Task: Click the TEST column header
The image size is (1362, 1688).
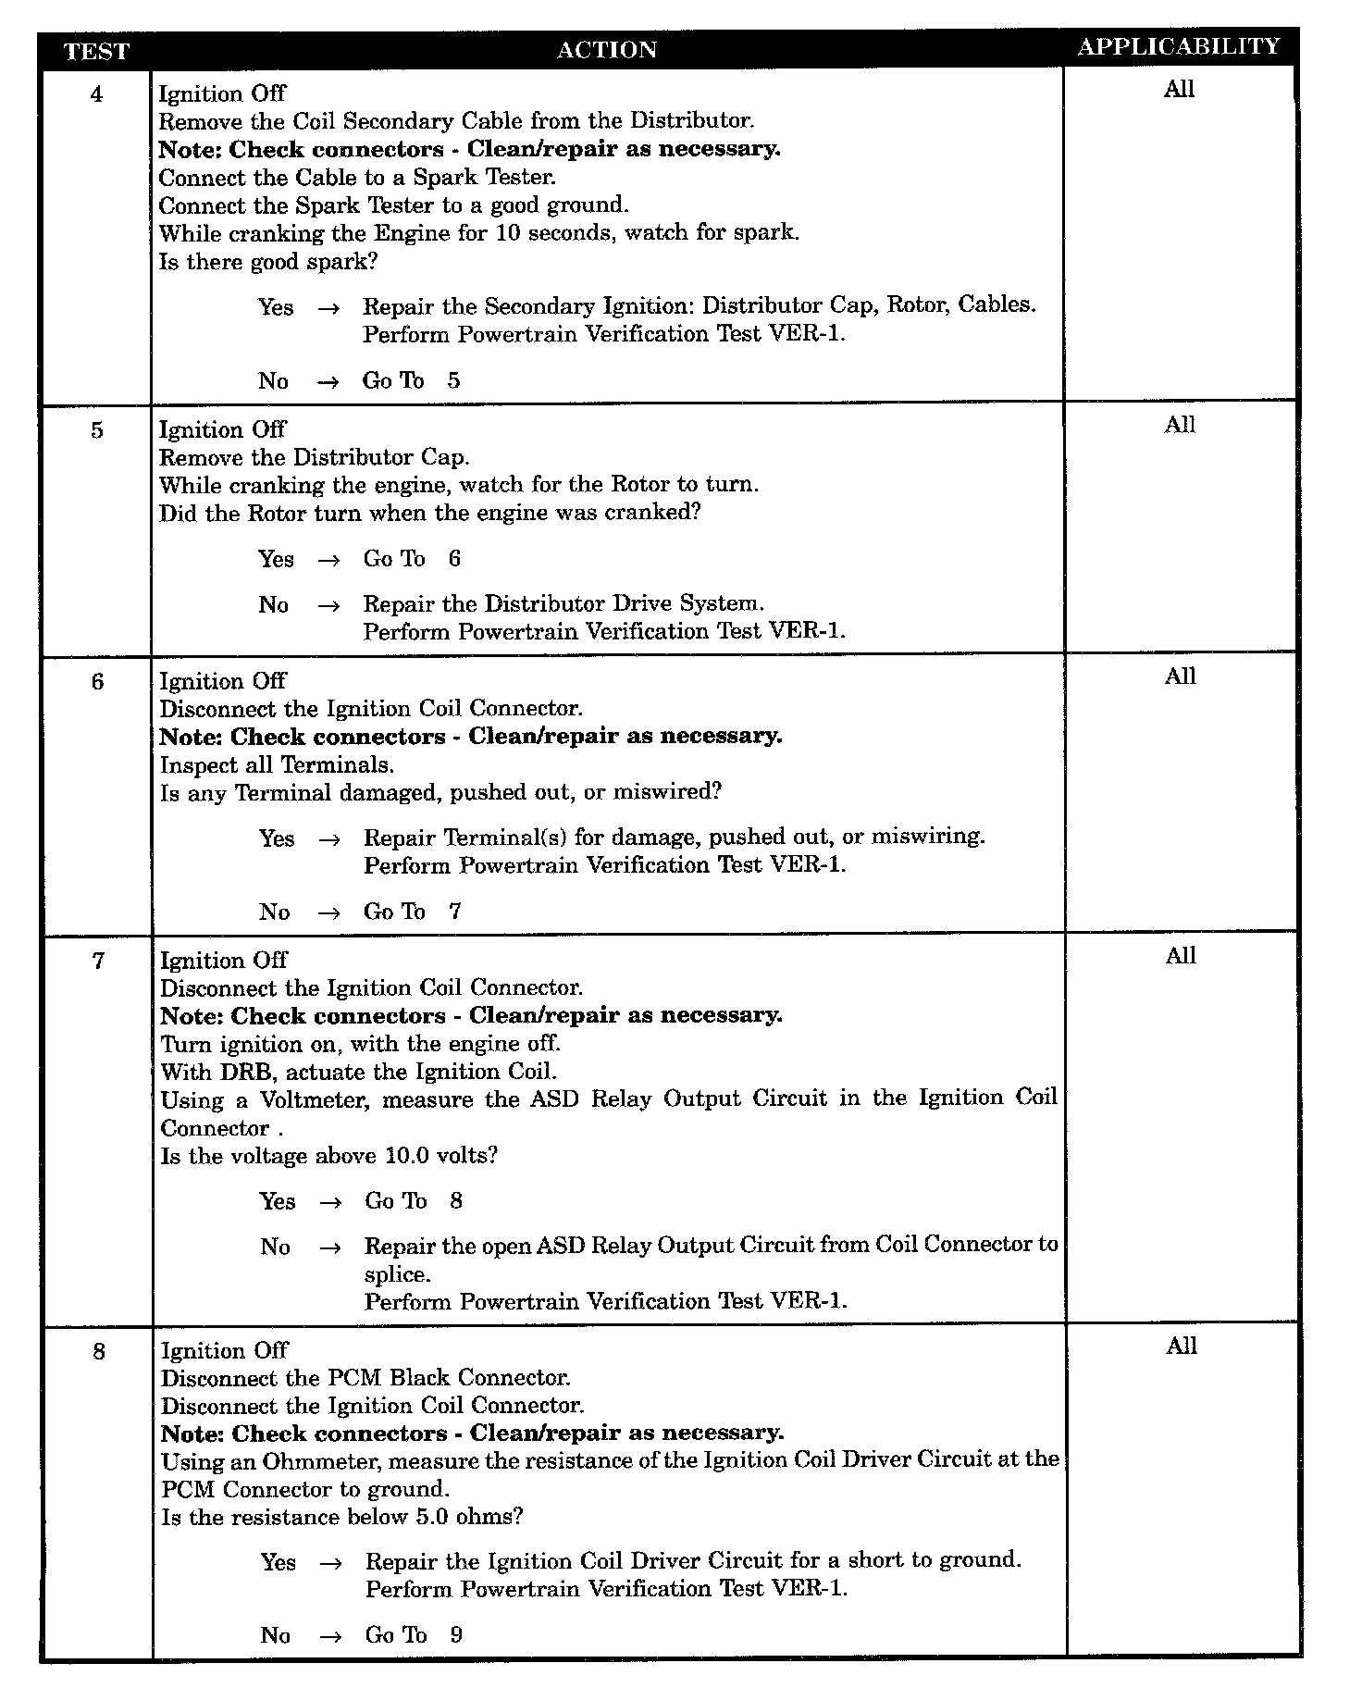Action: [96, 52]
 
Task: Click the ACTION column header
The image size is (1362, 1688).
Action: [607, 50]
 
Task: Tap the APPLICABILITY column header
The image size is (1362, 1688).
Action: [1179, 47]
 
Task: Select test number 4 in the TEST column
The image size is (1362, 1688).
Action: [97, 94]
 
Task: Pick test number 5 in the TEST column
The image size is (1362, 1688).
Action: [97, 430]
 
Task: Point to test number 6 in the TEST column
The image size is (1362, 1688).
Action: [97, 682]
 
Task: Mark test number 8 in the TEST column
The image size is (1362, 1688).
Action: [98, 1352]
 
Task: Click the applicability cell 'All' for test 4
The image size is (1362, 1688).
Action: [1179, 90]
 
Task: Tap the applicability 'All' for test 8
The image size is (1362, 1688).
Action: [1182, 1347]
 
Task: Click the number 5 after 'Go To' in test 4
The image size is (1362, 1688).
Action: [453, 381]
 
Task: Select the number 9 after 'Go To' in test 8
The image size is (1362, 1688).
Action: [456, 1635]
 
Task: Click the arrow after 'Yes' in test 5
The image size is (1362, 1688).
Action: [328, 560]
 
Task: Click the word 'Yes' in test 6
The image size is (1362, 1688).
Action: [277, 838]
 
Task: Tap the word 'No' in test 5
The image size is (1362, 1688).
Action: [274, 605]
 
